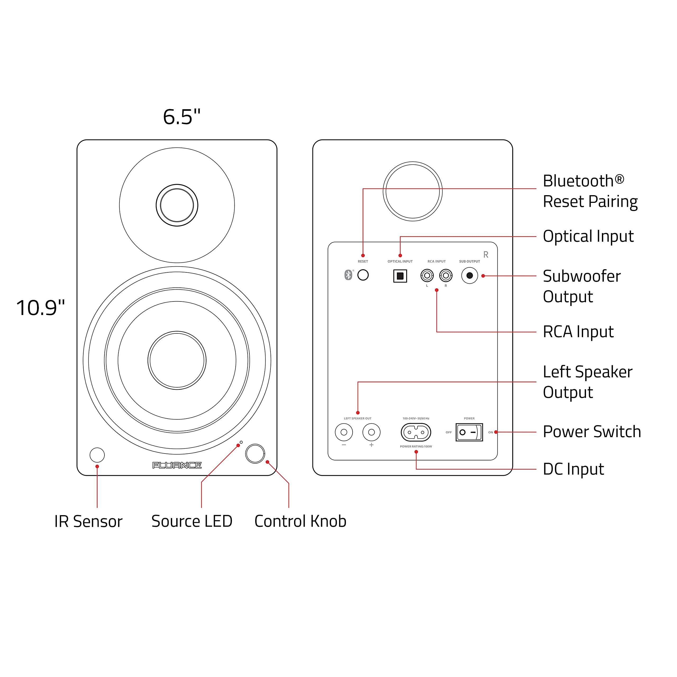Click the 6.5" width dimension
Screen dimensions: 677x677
pyautogui.click(x=181, y=117)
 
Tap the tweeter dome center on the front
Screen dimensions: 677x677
pyautogui.click(x=177, y=205)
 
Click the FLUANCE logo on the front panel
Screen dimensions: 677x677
pyautogui.click(x=177, y=465)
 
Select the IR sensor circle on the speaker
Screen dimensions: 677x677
pyautogui.click(x=97, y=455)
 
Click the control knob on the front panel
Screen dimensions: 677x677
pyautogui.click(x=255, y=454)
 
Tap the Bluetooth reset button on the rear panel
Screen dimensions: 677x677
pyautogui.click(x=363, y=275)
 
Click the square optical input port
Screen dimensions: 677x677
pyautogui.click(x=400, y=276)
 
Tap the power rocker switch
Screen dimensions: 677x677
pyautogui.click(x=469, y=432)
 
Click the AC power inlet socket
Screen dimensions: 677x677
pyautogui.click(x=416, y=432)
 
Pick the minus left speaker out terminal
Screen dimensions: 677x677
pyautogui.click(x=344, y=432)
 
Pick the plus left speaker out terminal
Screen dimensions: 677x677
pyautogui.click(x=372, y=432)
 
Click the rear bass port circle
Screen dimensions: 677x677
pyautogui.click(x=413, y=191)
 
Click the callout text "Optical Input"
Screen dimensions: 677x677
pyautogui.click(x=588, y=236)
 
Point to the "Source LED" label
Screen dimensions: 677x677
pyautogui.click(x=192, y=521)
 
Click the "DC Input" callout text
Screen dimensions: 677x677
pyautogui.click(x=573, y=469)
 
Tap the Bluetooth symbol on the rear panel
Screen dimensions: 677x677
pyautogui.click(x=348, y=275)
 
